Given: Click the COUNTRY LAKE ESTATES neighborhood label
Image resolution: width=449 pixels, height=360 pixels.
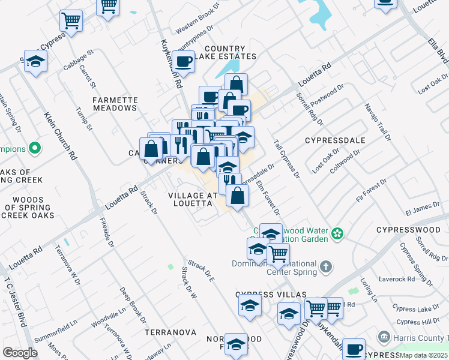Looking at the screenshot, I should pos(230,53).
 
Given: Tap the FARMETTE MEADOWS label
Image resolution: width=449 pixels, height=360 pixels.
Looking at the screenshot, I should pos(115,104).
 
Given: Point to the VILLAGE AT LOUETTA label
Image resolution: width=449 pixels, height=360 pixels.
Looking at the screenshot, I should pos(190,199).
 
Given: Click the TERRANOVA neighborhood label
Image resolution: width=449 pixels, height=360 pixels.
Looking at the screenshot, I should pos(170,332).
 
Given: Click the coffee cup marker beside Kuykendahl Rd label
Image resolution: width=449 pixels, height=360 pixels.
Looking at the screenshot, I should pos(184,60).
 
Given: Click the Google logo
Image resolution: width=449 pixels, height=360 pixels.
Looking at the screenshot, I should pos(20,353).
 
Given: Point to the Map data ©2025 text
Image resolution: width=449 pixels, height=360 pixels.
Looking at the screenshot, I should pos(424,355).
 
